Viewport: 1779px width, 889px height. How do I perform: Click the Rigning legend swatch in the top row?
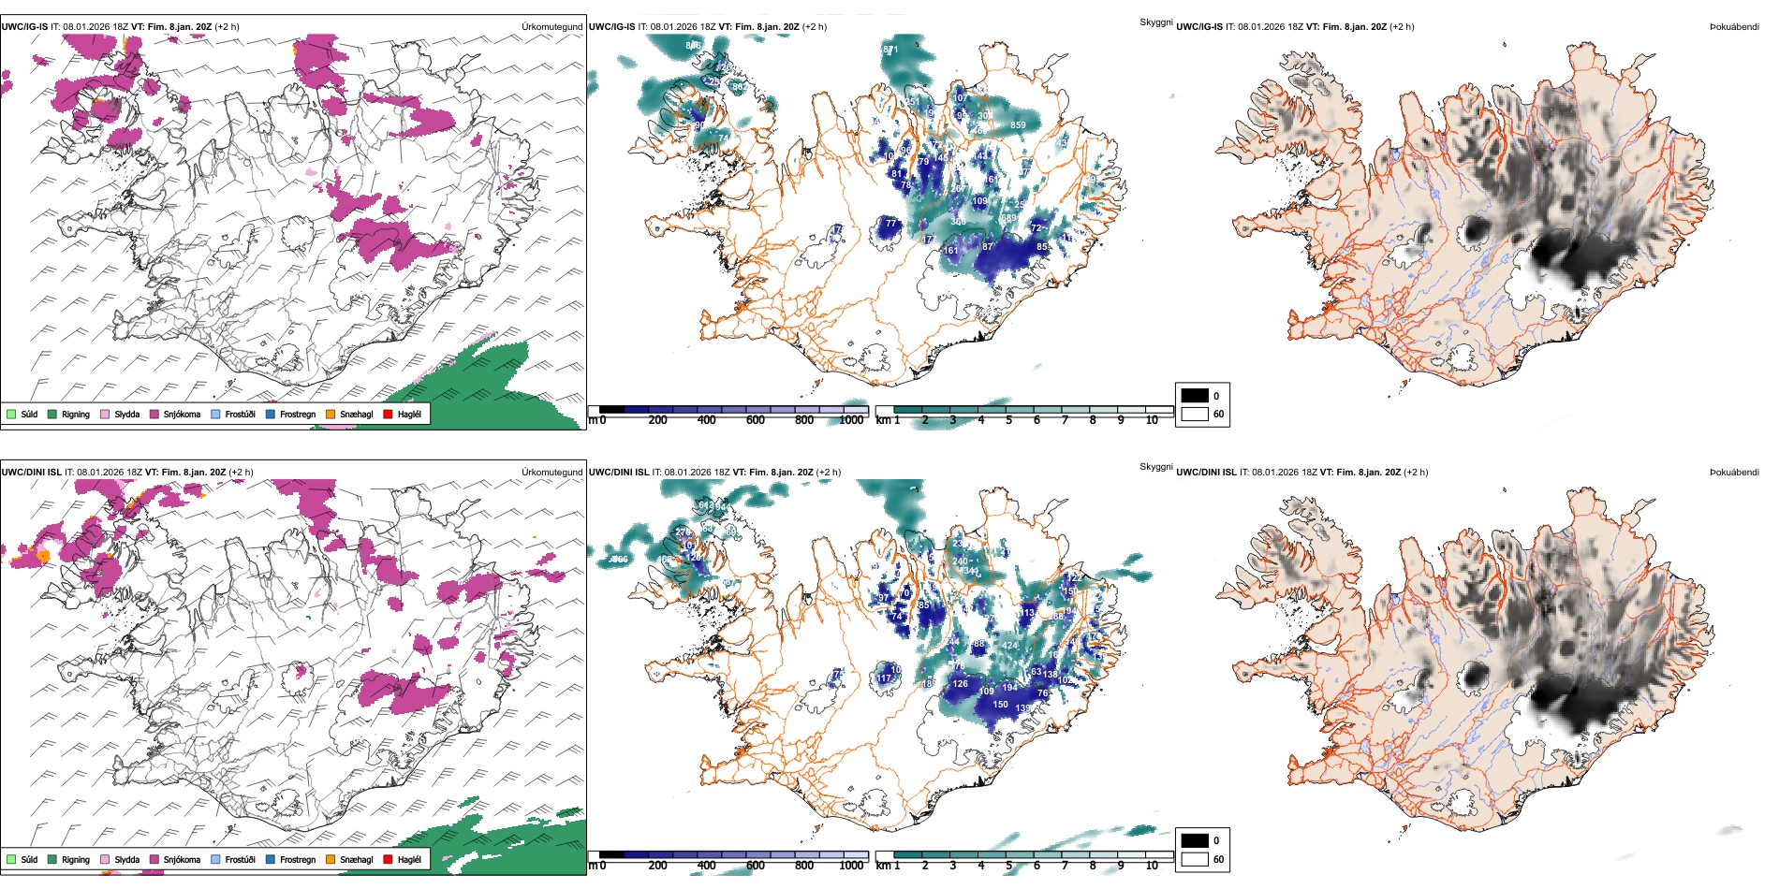(x=52, y=414)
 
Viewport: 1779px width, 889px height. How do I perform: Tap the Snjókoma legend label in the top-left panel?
(x=182, y=414)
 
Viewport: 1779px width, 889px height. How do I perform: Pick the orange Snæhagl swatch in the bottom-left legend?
(x=331, y=859)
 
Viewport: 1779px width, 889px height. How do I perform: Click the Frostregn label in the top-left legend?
(x=298, y=414)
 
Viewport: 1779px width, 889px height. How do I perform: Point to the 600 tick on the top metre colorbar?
(x=756, y=420)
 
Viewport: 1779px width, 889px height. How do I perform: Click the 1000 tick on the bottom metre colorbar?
(x=851, y=866)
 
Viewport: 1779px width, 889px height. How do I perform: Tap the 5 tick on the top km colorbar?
(x=1009, y=420)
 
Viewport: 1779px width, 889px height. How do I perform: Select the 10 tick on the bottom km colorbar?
(x=1152, y=866)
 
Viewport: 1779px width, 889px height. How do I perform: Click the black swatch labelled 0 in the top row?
(x=1195, y=396)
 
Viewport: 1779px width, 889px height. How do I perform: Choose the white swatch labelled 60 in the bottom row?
(x=1195, y=859)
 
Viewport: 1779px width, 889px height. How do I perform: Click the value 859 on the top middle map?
(x=1018, y=125)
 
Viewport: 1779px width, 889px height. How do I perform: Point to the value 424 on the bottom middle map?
(x=1010, y=646)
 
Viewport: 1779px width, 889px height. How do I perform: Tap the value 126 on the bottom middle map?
(x=961, y=684)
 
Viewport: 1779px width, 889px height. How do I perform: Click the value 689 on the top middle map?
(x=1009, y=218)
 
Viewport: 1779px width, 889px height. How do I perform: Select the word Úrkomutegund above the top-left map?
(x=551, y=27)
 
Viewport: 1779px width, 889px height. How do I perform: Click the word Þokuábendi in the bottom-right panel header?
(x=1734, y=473)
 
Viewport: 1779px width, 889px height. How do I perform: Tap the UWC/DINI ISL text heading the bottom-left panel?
(x=31, y=473)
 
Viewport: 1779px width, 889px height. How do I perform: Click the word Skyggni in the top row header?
(x=1155, y=22)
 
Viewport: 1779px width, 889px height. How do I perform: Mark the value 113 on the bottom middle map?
(x=1027, y=613)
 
